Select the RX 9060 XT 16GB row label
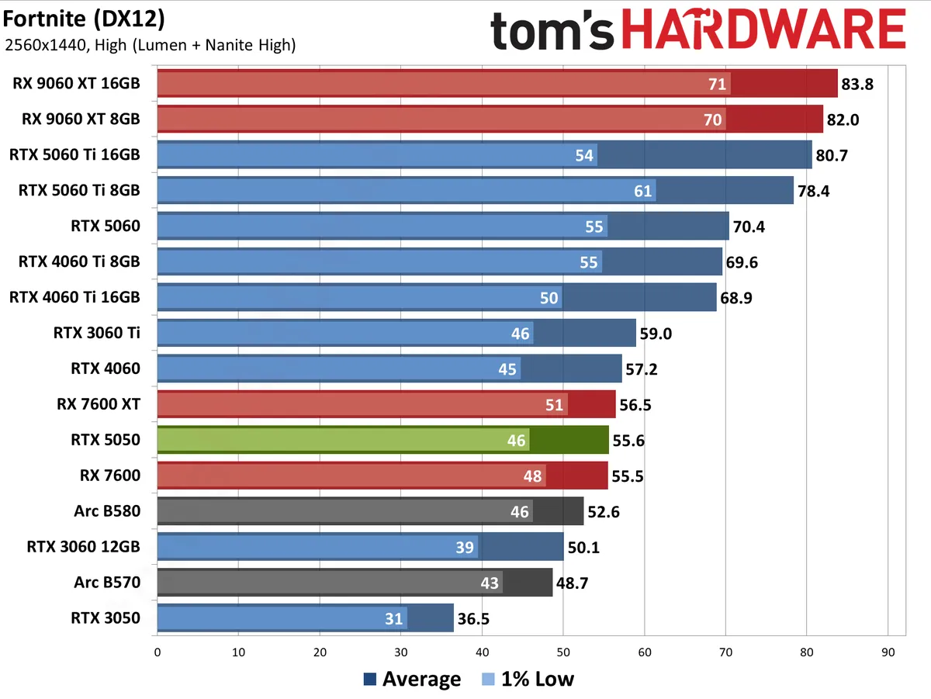click(76, 83)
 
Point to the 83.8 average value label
click(857, 84)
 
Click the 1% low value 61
click(642, 191)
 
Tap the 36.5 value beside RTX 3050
click(472, 619)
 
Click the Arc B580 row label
click(106, 511)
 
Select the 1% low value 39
click(465, 548)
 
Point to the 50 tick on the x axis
click(563, 652)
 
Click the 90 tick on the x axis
click(888, 652)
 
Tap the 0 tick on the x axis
click(157, 652)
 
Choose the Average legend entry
click(411, 680)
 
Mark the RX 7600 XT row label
click(98, 404)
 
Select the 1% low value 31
click(394, 619)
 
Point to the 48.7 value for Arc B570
click(572, 583)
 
